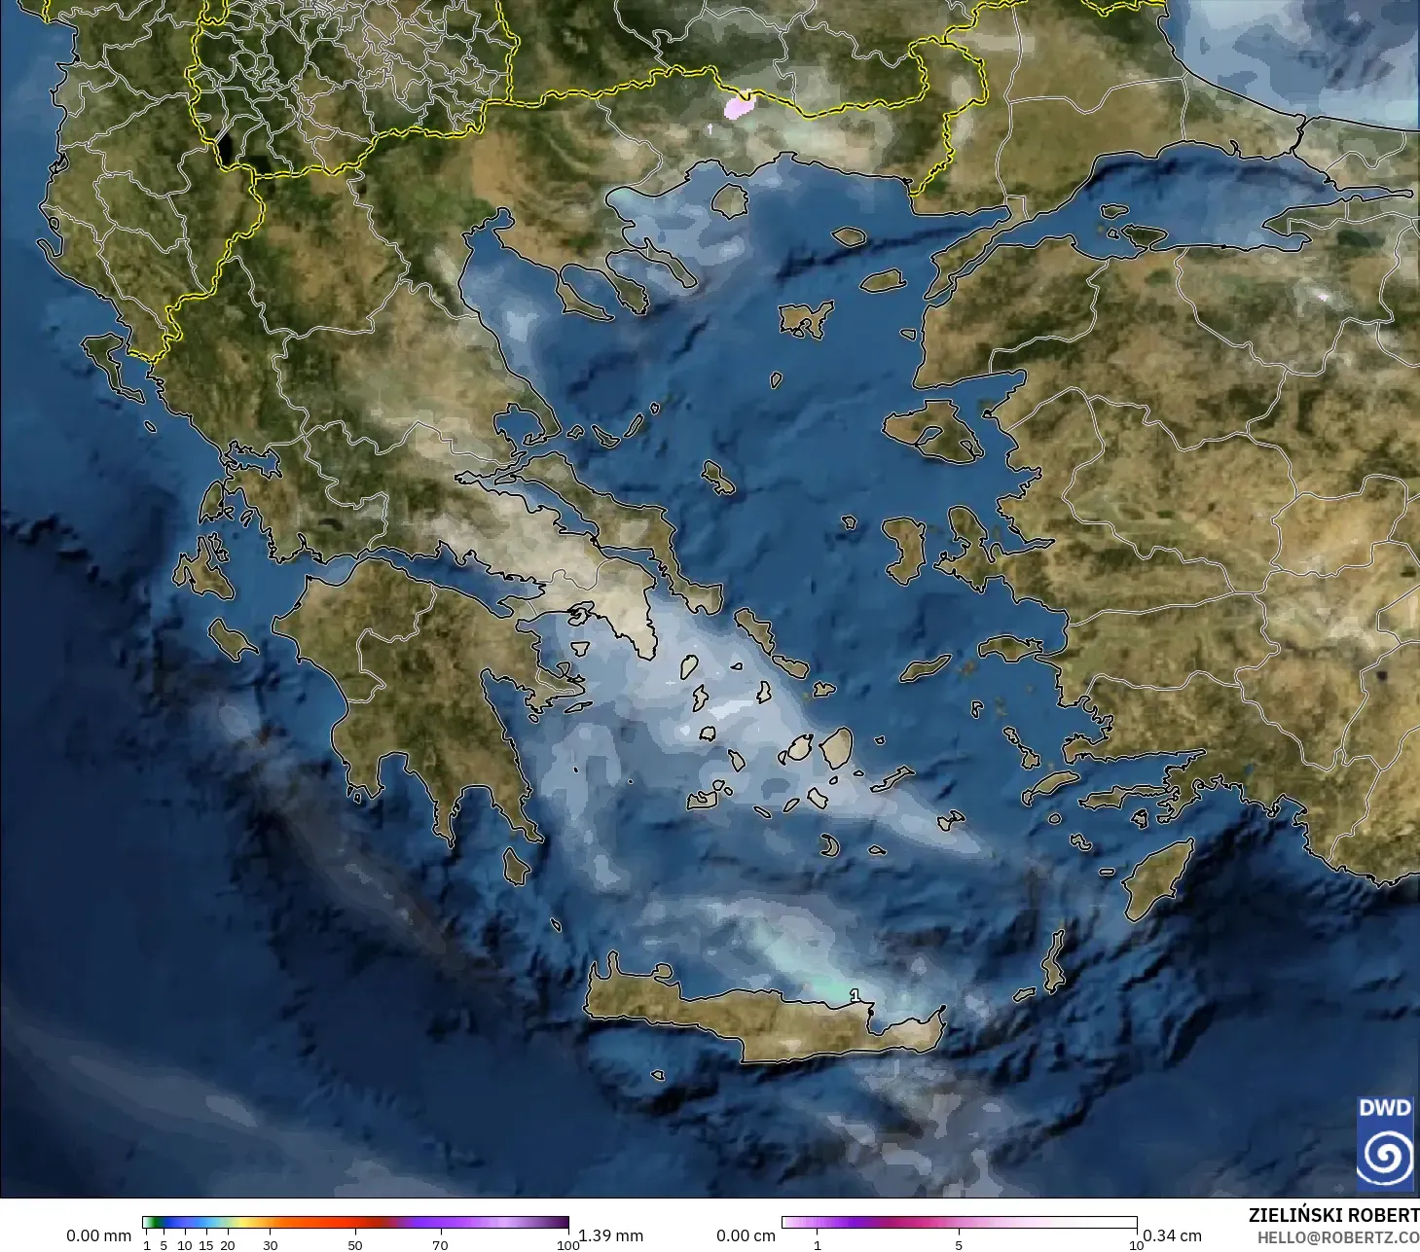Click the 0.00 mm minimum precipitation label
[x=98, y=1235]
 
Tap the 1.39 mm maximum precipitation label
[x=611, y=1235]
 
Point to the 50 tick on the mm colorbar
[x=355, y=1245]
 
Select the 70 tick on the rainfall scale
[x=440, y=1245]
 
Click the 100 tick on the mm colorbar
[x=568, y=1245]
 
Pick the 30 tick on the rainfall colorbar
[x=271, y=1245]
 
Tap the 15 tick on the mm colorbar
[x=206, y=1245]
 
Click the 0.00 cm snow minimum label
[x=746, y=1235]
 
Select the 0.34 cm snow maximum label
[x=1172, y=1235]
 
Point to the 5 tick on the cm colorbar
[x=959, y=1245]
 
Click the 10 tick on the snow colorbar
[x=1136, y=1245]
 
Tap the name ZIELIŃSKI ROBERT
[x=1333, y=1215]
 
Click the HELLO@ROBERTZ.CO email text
[x=1337, y=1237]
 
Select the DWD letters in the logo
[x=1384, y=1108]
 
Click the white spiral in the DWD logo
[x=1385, y=1156]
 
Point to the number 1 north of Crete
[x=855, y=995]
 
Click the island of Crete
[x=759, y=1021]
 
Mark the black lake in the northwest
[x=226, y=149]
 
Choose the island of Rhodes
[x=1157, y=879]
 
